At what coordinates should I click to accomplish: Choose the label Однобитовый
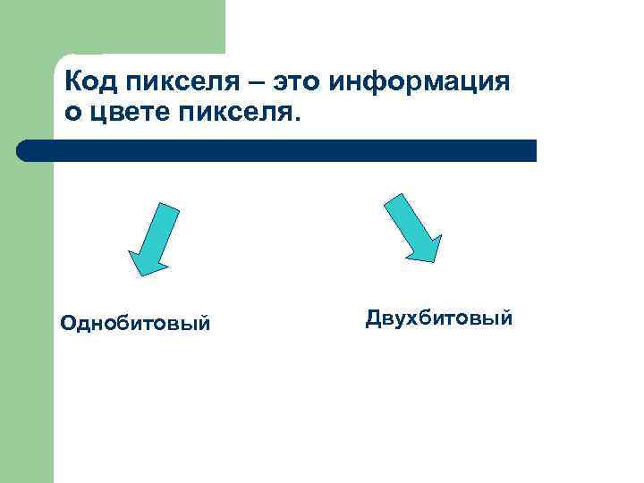135,322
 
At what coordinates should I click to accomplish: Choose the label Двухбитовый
439,318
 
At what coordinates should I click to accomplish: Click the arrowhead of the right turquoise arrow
424,248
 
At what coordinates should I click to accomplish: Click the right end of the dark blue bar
533,150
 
